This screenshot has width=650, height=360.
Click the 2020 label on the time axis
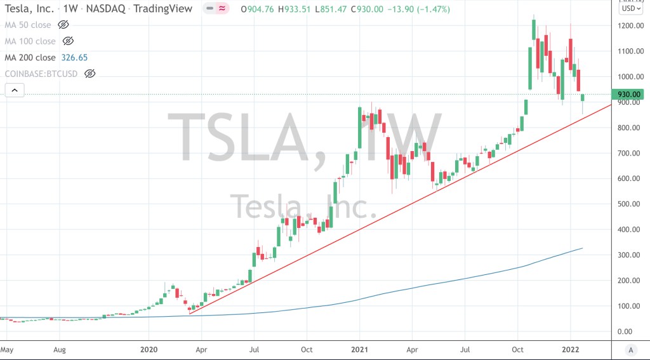coord(149,349)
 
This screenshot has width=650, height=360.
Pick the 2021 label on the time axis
coord(359,349)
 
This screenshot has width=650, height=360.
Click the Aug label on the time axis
coord(60,349)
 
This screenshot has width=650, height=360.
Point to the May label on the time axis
coord(7,349)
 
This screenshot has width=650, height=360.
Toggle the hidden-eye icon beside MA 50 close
coord(63,25)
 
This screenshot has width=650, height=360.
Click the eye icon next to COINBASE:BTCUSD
coord(90,74)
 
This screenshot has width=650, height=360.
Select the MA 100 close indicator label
coord(30,41)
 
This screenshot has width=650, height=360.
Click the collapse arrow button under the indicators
coord(14,90)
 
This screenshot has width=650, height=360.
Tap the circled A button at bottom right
coord(631,350)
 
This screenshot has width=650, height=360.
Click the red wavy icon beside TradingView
coord(222,9)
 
